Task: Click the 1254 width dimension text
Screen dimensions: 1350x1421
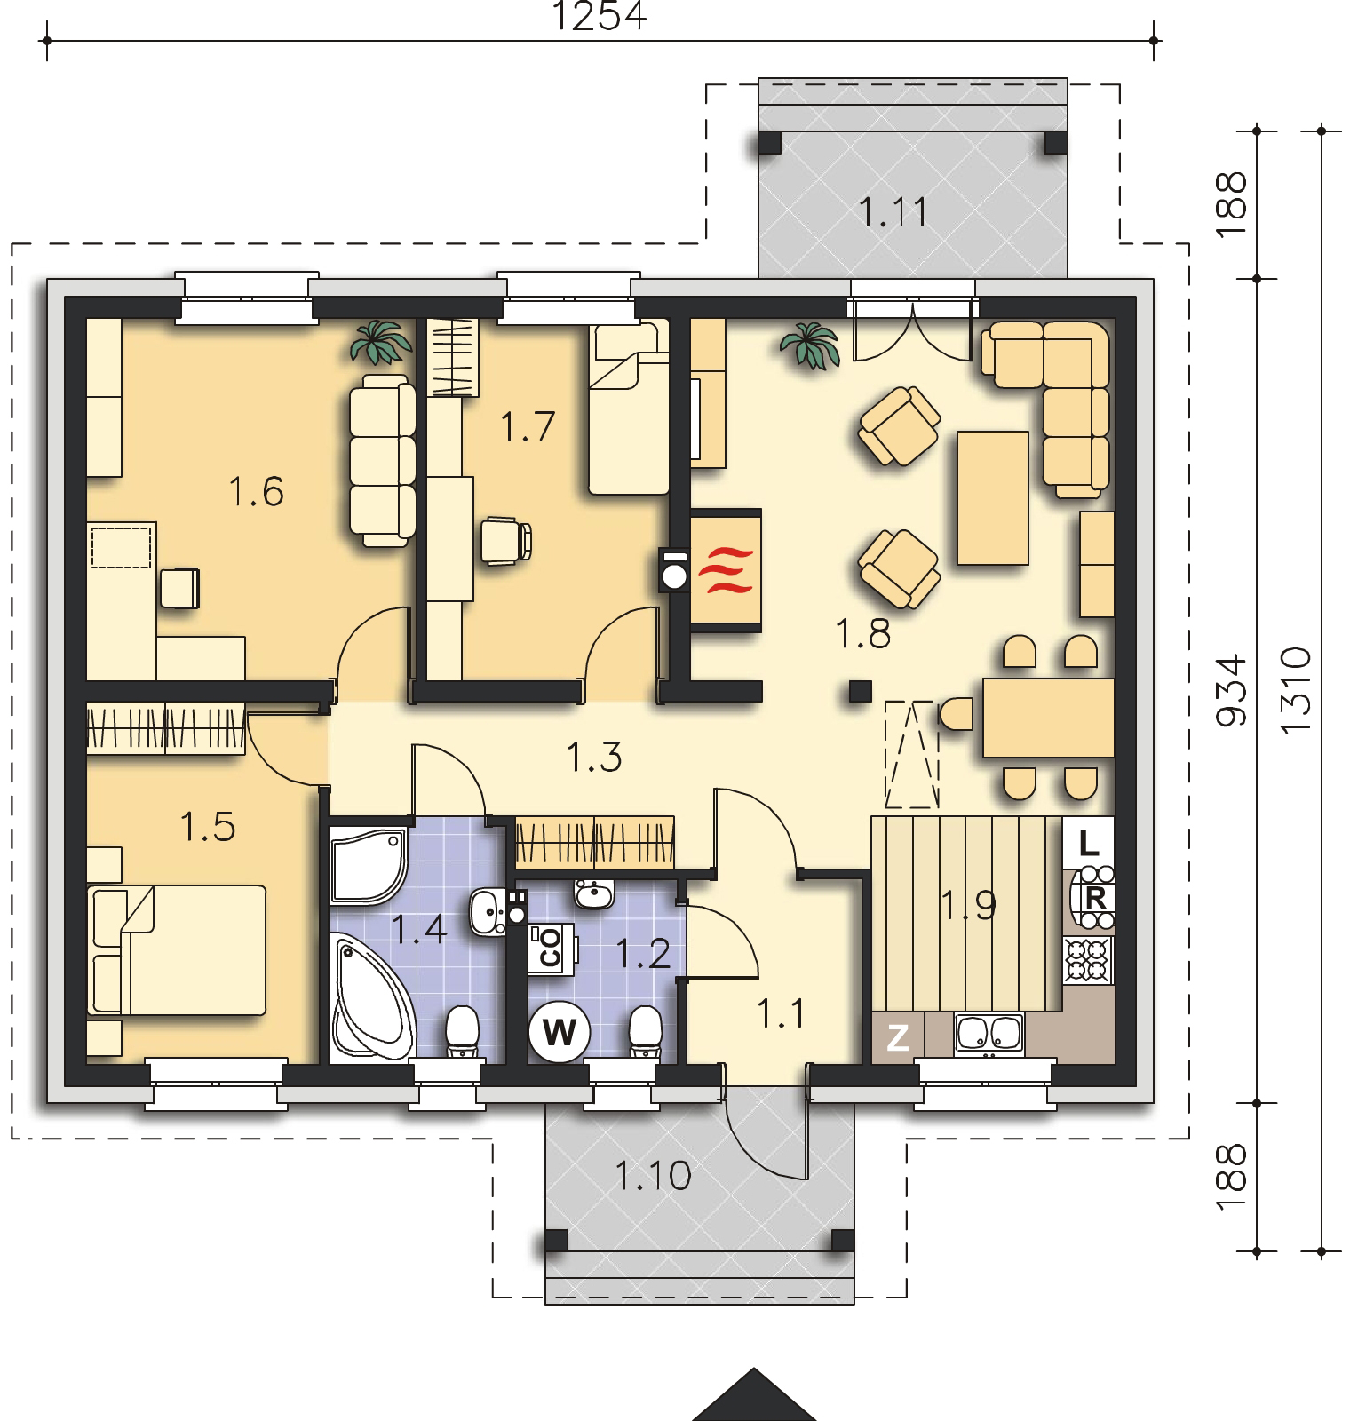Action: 600,16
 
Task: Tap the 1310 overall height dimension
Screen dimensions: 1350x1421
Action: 1298,689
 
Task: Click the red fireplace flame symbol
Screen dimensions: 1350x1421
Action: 726,570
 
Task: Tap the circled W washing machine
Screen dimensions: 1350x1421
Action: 559,1032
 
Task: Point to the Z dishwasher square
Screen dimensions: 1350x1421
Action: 898,1036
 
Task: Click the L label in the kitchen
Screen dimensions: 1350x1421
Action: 1089,843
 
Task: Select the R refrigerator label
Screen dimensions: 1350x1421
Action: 1094,898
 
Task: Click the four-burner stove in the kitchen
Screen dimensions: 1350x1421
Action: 1088,960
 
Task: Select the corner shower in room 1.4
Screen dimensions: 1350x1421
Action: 369,865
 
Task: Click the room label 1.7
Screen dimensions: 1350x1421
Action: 527,426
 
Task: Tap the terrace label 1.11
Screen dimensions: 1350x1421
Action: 893,212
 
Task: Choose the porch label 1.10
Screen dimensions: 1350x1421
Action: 654,1176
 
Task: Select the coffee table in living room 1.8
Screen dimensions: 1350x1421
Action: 993,497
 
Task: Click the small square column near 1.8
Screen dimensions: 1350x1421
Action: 859,691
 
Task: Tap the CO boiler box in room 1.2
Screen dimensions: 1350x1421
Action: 552,947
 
